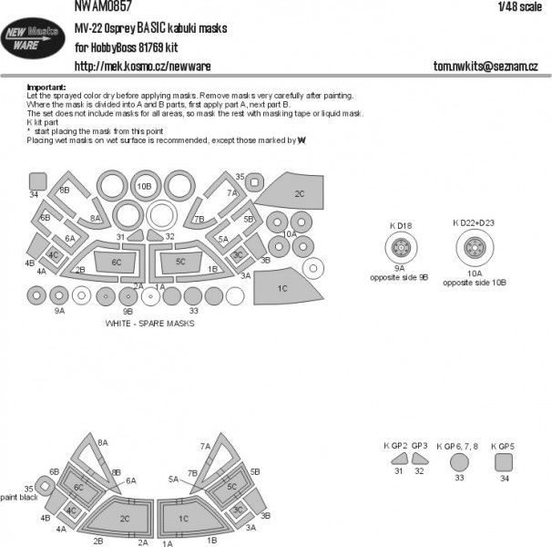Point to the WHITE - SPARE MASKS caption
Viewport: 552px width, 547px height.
[150, 324]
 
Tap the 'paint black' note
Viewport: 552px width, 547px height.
[19, 496]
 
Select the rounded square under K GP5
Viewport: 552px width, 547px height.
[503, 463]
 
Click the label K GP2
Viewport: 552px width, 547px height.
[393, 445]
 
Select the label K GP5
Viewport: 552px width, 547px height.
[503, 445]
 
